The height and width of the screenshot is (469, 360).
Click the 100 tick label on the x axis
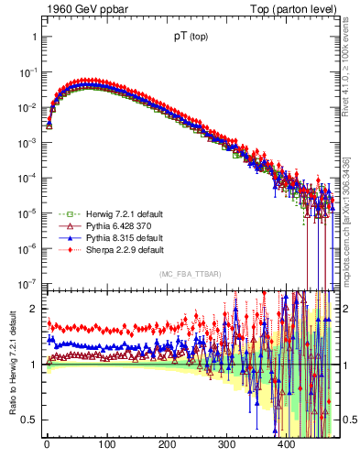point(106,446)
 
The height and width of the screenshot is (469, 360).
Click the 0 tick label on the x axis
point(47,446)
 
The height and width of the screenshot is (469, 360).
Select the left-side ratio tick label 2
point(33,309)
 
